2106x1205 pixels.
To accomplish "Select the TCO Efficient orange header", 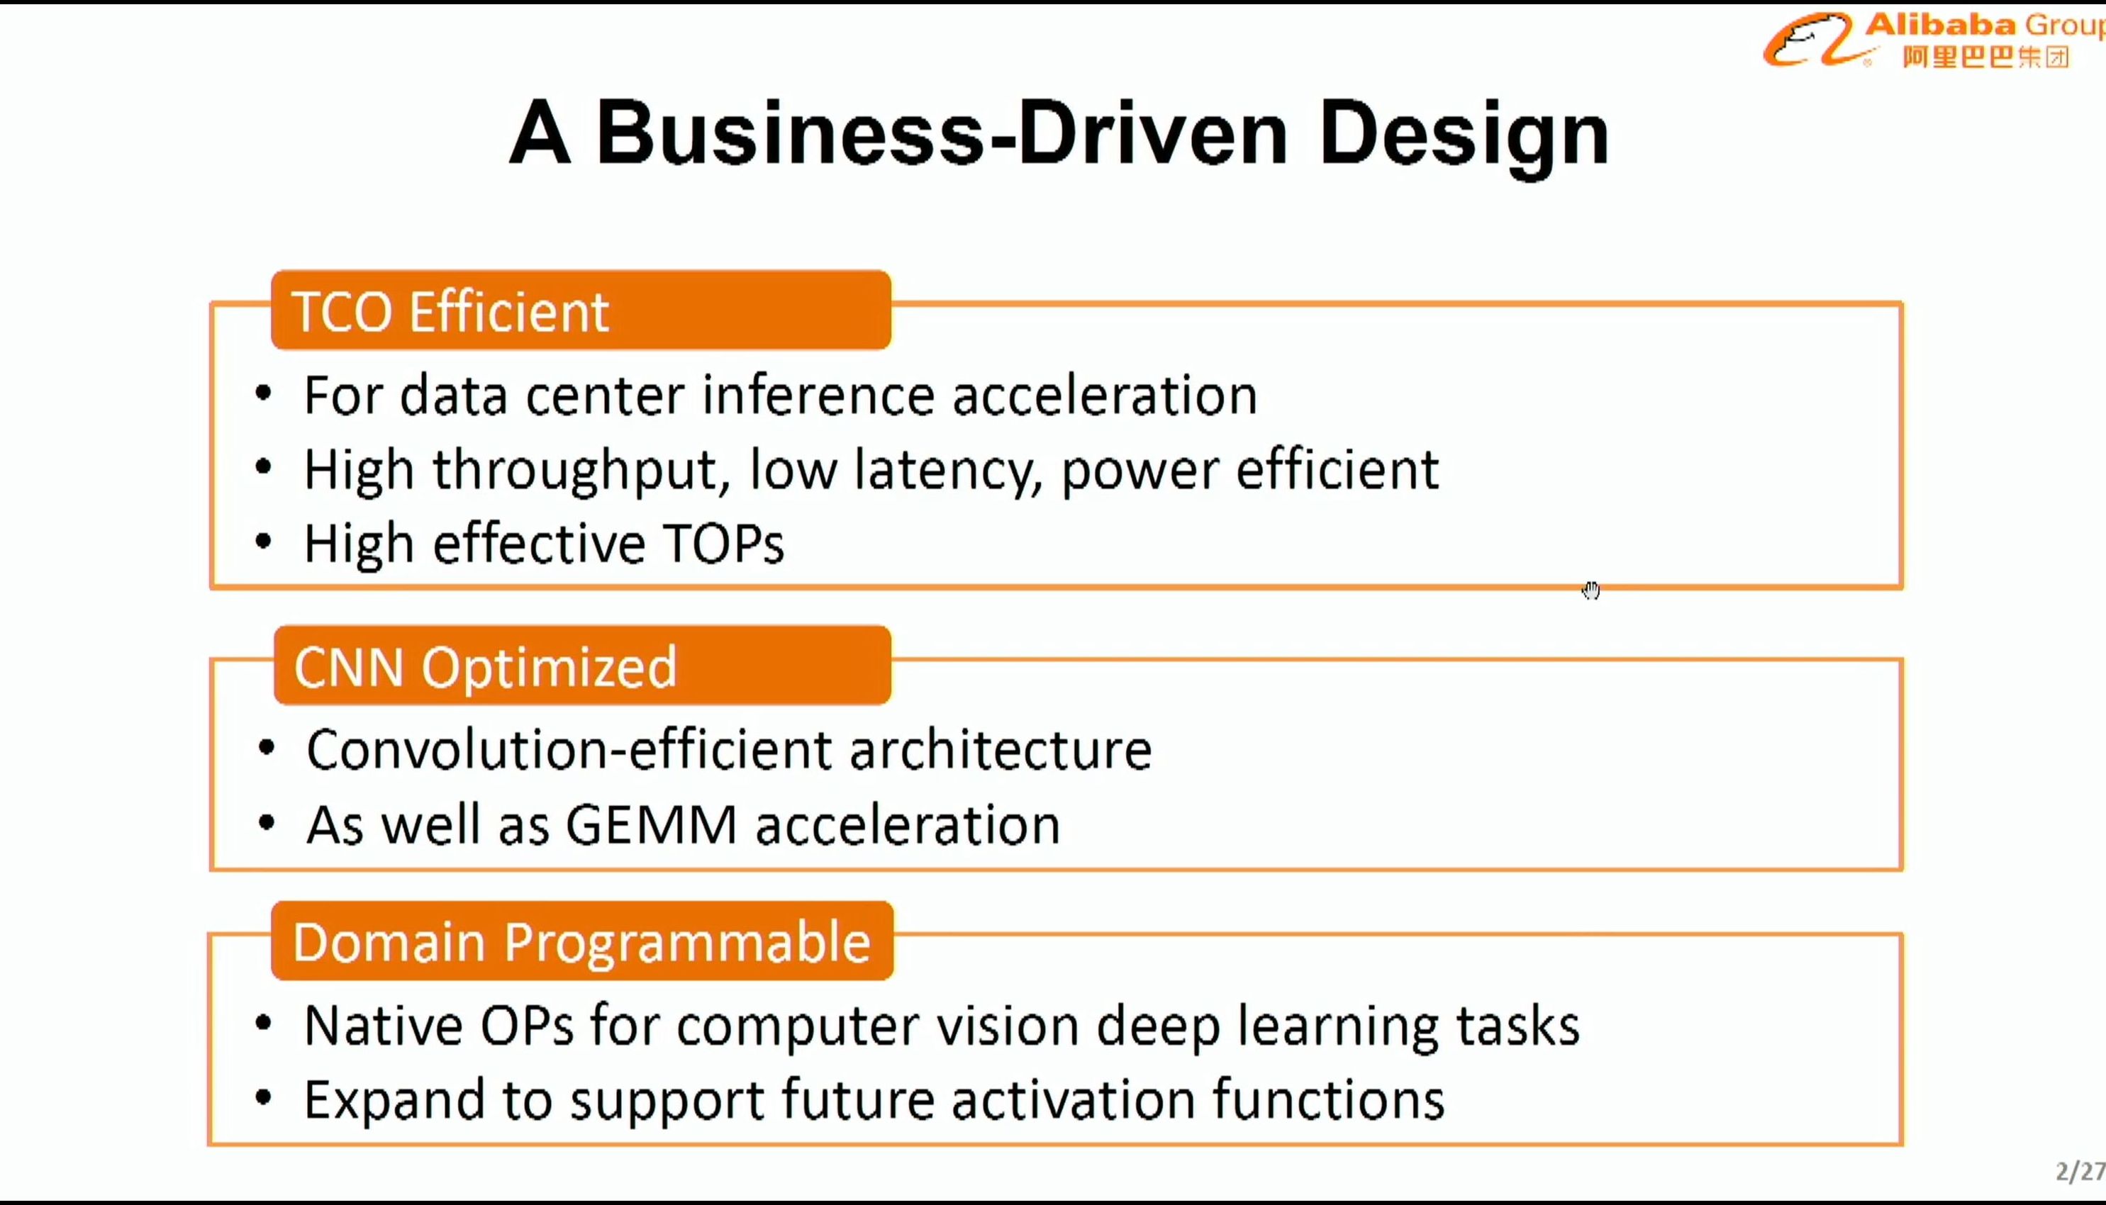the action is [581, 310].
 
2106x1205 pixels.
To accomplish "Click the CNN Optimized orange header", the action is [583, 666].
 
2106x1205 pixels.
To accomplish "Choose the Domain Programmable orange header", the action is [583, 941].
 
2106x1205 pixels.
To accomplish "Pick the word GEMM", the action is [651, 824].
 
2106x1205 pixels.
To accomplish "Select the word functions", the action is [1329, 1099].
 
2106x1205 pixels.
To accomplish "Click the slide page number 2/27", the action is [2080, 1171].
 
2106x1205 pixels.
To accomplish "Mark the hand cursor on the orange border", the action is [1591, 590].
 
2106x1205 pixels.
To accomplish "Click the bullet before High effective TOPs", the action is [263, 543].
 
